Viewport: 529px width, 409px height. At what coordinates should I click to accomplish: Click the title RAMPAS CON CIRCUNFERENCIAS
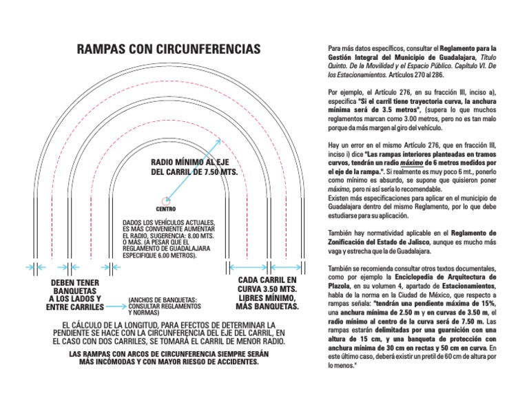point(169,50)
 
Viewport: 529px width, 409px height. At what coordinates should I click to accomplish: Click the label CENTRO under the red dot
point(165,209)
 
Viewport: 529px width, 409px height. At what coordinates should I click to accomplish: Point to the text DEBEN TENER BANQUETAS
point(75,294)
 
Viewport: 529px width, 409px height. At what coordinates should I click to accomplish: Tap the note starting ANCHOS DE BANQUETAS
point(163,305)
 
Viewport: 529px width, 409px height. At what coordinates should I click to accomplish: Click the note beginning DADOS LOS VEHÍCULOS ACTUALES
point(169,239)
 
